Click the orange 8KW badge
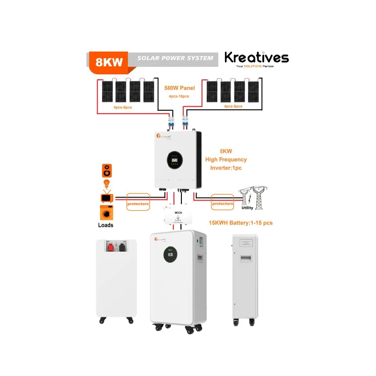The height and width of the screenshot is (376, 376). click(108, 61)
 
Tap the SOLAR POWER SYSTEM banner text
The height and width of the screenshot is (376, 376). click(175, 58)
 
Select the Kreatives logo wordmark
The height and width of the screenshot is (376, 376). click(256, 58)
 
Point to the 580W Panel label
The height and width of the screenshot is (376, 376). click(179, 87)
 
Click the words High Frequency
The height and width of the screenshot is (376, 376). click(226, 159)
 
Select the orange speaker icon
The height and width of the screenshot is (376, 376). click(107, 169)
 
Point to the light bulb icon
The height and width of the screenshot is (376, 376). click(107, 183)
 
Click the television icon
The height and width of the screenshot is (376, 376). click(107, 198)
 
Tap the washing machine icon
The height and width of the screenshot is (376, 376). click(107, 212)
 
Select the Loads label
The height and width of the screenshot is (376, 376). click(106, 225)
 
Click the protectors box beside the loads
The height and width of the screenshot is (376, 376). click(137, 204)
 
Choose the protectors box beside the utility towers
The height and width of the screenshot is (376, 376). click(222, 204)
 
